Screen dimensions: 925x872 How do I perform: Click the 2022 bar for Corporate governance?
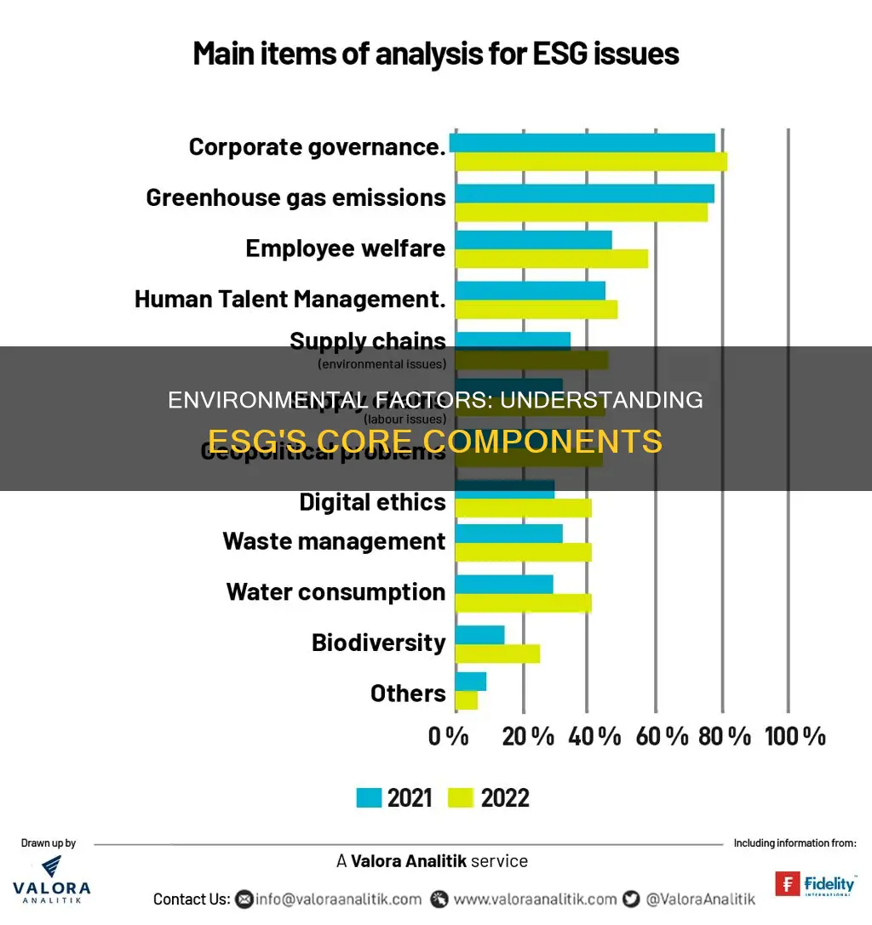point(591,162)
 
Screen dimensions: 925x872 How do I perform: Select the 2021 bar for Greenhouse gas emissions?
point(584,193)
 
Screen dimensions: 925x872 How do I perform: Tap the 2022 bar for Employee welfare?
point(551,259)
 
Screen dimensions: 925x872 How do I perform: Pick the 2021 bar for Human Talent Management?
point(530,290)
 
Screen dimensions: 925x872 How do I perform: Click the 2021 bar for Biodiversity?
point(479,635)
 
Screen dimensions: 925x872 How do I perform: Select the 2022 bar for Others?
point(466,700)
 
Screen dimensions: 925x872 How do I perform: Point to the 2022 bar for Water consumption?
point(523,603)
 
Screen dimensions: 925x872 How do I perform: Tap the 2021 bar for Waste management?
point(508,534)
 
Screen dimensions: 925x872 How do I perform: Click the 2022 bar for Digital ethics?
point(523,508)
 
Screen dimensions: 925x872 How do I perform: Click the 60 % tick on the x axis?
point(662,736)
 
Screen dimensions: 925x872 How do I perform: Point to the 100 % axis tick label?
point(795,736)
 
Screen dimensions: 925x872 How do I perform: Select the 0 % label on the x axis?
point(448,736)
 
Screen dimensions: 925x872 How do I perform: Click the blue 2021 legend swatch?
point(368,797)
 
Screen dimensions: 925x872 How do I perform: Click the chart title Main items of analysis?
point(436,54)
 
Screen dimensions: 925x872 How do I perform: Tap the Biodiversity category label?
point(378,642)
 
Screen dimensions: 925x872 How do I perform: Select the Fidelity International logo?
point(815,884)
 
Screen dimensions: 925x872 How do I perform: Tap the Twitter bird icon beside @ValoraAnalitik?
point(631,899)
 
